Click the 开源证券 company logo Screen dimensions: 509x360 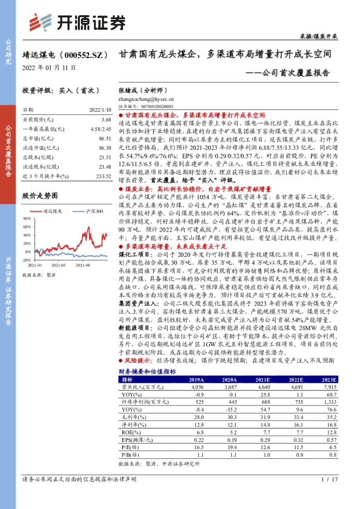click(79, 22)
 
